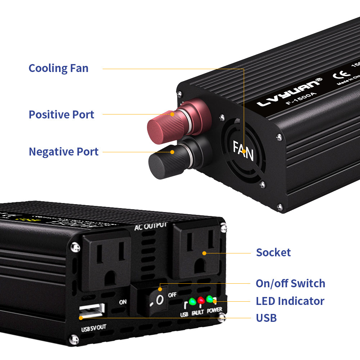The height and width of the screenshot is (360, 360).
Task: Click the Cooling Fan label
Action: [x=58, y=68]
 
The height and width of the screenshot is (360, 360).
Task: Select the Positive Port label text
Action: [x=62, y=114]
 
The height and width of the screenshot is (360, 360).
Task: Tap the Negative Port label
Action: [x=63, y=152]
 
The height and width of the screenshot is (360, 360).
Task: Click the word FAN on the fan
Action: [x=243, y=151]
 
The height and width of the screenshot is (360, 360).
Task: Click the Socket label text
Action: [x=273, y=252]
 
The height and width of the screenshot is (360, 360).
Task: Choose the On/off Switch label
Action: [x=290, y=283]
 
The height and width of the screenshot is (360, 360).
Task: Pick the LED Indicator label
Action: [x=290, y=301]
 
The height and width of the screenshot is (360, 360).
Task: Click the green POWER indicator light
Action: [x=210, y=299]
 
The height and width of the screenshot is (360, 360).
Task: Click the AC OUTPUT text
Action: [x=150, y=227]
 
